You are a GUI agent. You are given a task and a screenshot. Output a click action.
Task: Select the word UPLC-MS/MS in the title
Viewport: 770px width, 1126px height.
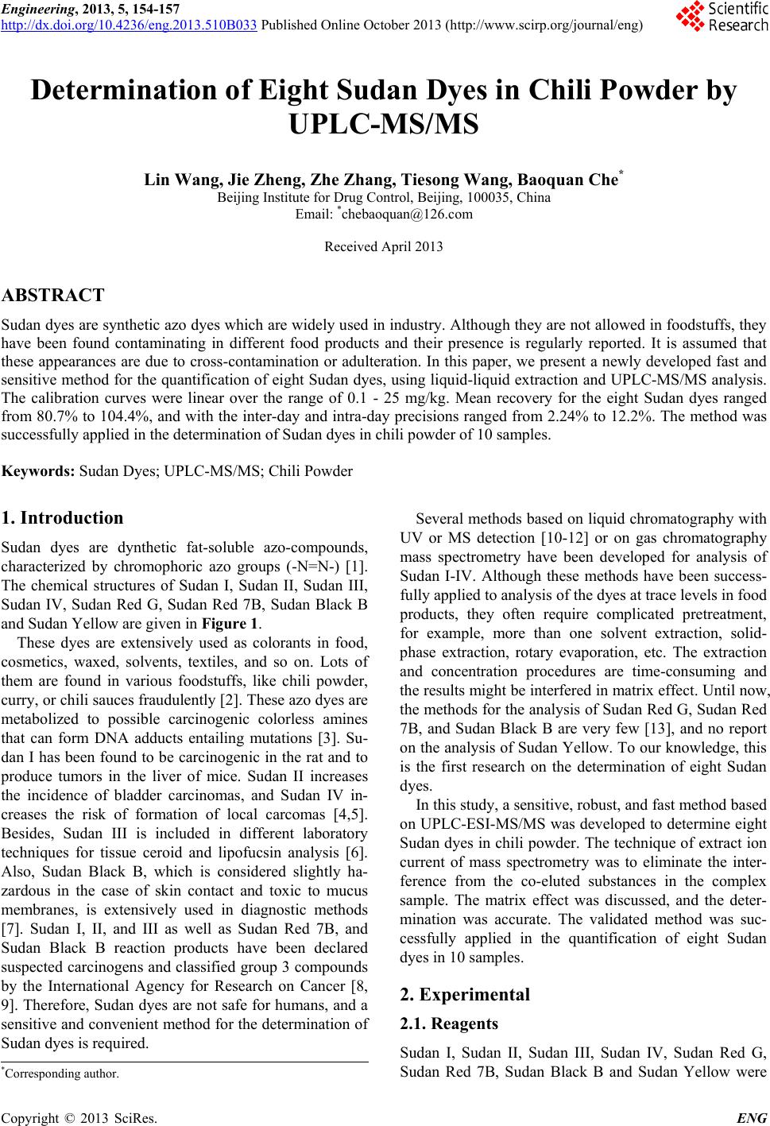click(x=384, y=125)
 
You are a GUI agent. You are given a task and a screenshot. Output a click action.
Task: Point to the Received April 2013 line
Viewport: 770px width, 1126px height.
click(x=384, y=246)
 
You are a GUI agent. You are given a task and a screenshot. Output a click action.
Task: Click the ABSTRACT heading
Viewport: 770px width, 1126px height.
click(x=54, y=296)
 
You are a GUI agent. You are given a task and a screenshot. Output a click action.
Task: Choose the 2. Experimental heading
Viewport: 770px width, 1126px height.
click(x=465, y=994)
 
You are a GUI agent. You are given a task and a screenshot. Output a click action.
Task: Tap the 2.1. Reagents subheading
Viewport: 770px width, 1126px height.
click(x=450, y=1023)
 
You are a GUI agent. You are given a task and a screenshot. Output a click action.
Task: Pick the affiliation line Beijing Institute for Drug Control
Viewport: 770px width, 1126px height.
click(x=384, y=197)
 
